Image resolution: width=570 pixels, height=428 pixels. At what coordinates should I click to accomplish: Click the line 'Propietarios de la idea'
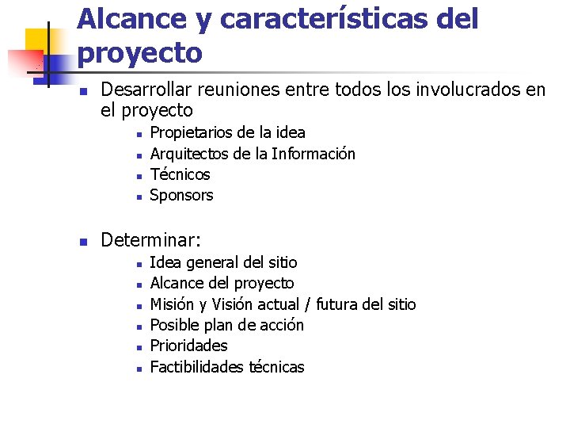[227, 132]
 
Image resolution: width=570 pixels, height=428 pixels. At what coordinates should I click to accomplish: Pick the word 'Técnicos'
[180, 174]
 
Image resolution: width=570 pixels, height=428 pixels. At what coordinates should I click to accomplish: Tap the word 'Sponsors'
[181, 195]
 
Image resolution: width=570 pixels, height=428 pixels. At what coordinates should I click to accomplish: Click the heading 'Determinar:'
[151, 239]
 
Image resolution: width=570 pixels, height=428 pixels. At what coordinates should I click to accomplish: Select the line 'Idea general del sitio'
[223, 262]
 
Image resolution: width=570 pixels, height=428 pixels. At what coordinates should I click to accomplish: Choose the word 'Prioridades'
[188, 346]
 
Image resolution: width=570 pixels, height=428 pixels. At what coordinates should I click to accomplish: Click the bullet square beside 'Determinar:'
[82, 240]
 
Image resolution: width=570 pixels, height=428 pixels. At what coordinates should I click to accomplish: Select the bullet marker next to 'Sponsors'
[137, 196]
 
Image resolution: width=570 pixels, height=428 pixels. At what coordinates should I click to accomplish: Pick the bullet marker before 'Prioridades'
[137, 347]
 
